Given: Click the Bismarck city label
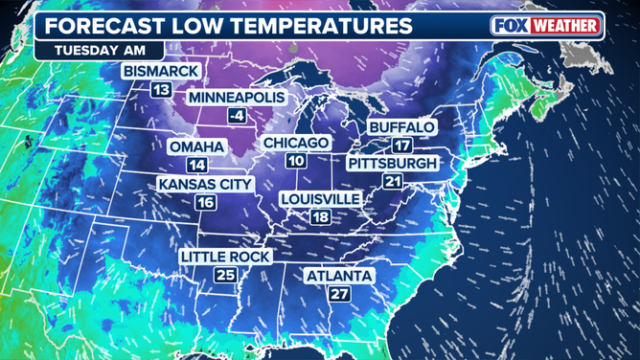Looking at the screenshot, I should click(161, 71).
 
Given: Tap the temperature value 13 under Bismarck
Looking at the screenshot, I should click(161, 90).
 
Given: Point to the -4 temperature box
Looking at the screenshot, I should click(235, 117).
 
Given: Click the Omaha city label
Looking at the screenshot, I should click(196, 146).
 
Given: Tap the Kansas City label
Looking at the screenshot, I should click(205, 184).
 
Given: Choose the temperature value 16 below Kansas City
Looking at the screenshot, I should click(205, 202).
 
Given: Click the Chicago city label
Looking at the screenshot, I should click(296, 143).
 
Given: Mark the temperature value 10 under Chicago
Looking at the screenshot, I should click(296, 161).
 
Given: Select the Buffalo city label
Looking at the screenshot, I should click(402, 126).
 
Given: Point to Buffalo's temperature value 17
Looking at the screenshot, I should click(402, 146).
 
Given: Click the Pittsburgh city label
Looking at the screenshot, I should click(393, 164).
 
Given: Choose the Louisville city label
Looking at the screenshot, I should click(320, 198).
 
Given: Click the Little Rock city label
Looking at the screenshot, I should click(226, 257).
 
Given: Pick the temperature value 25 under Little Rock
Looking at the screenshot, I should click(226, 276).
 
